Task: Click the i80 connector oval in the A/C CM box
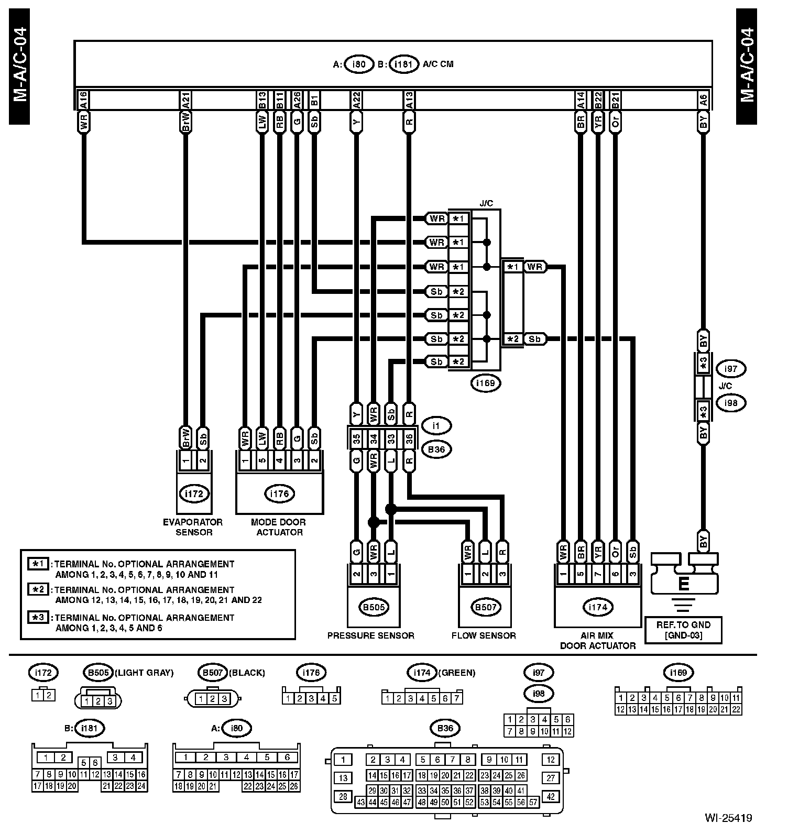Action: pos(358,64)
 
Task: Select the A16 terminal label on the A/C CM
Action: pos(83,100)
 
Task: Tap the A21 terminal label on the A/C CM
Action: pos(185,100)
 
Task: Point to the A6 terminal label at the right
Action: pos(703,100)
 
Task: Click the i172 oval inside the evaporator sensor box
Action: pos(194,493)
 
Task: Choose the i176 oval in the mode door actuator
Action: pos(279,493)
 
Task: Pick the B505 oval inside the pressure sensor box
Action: pos(373,607)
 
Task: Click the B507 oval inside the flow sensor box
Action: pos(485,607)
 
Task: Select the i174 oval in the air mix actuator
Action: pos(598,607)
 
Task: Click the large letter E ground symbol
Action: pos(683,584)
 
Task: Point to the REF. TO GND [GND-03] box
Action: pos(683,630)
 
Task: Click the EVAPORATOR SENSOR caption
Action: pos(193,527)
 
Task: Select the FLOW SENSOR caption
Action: pos(484,635)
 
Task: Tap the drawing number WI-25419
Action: pos(728,817)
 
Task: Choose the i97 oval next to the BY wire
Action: pos(730,368)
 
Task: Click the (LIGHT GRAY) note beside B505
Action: pos(144,673)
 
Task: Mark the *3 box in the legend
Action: pos(39,617)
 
